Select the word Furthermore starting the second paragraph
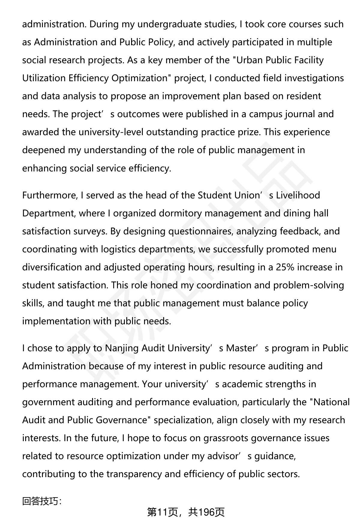[50, 195]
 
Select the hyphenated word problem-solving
[308, 285]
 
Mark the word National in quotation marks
[331, 402]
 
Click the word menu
[324, 249]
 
